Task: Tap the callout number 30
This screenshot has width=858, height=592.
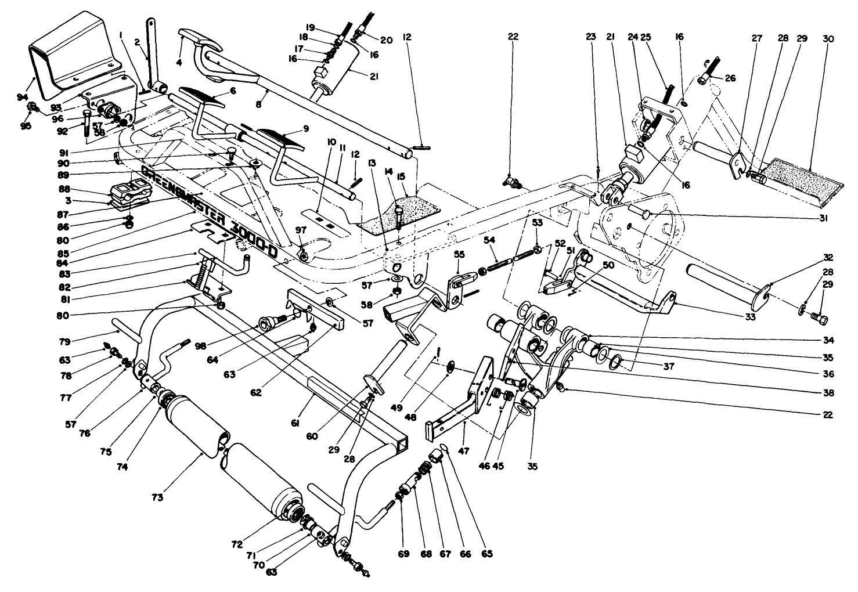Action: (828, 39)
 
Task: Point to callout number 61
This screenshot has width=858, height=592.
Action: (295, 425)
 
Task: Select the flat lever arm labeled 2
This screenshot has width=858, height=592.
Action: (152, 52)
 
